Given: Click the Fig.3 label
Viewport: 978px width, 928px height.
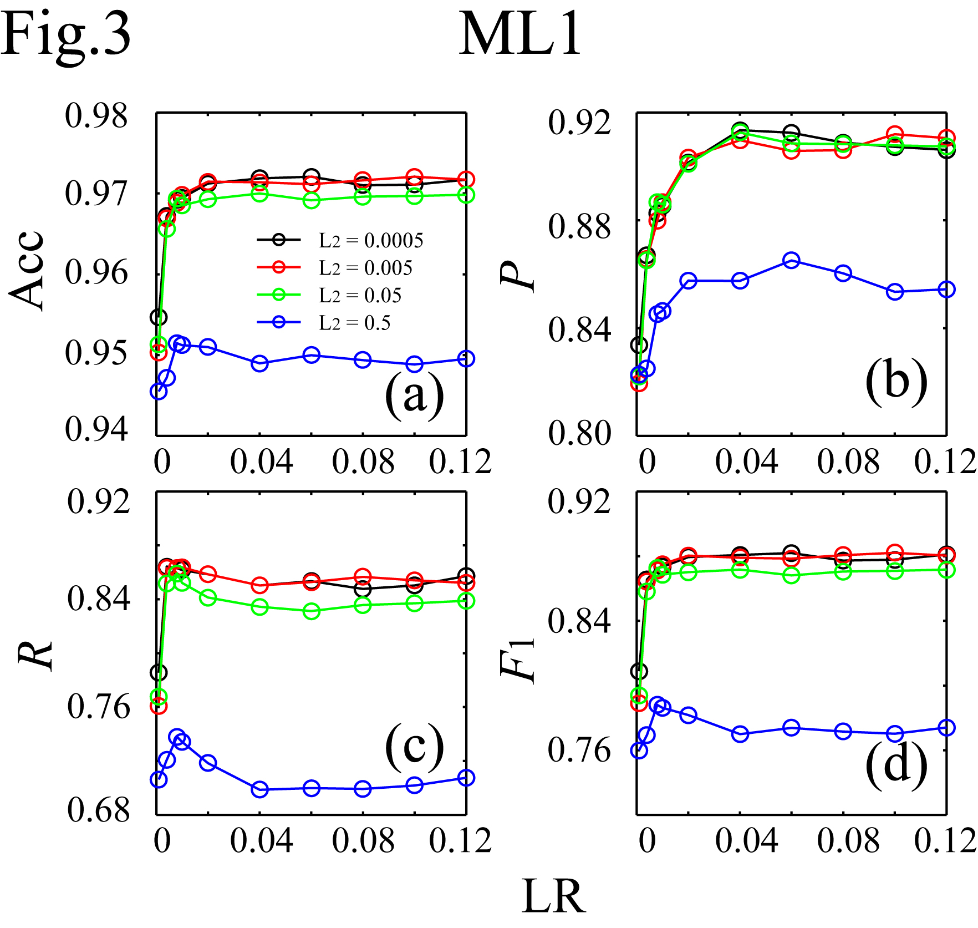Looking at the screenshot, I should coord(65,34).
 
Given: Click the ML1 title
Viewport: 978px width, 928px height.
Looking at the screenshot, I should coord(519,34).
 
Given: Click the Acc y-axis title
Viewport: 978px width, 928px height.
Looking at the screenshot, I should coord(27,270).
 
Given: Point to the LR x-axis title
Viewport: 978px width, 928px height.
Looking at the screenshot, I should coord(553,897).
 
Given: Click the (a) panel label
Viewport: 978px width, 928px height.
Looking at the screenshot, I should coord(414,394).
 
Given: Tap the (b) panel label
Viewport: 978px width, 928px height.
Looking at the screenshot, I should coord(896,381).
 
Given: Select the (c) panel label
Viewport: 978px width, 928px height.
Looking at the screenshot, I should coord(414,747).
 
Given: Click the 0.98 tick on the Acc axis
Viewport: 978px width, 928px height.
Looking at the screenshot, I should coord(96,116).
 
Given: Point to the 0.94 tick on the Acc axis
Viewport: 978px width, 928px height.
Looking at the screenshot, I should coord(96,429).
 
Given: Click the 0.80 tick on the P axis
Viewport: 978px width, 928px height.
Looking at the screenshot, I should coord(579,433).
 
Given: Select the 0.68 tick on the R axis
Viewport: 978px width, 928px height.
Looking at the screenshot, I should coord(98,810).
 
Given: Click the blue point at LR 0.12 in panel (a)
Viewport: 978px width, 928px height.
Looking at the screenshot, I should coord(466,358).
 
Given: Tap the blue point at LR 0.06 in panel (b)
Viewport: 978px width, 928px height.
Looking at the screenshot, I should coord(791,260).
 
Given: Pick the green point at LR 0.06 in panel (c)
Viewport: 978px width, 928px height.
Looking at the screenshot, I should coord(312,611).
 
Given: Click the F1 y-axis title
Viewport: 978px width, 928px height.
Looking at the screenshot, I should coord(518,660).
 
